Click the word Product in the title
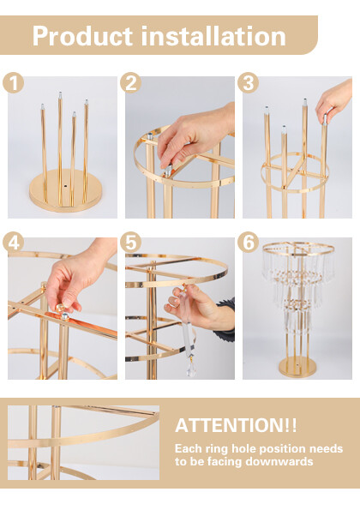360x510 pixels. tap(82, 36)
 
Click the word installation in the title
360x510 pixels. tap(213, 36)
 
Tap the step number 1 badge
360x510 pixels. tap(13, 82)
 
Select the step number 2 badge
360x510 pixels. tap(130, 82)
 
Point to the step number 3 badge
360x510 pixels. tap(248, 82)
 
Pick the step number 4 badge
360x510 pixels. tap(13, 243)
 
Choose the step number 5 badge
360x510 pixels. tap(130, 243)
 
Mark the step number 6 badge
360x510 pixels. tap(248, 243)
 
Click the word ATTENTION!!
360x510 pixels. tap(236, 425)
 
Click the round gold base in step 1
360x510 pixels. tap(65, 190)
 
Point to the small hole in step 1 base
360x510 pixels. tap(65, 186)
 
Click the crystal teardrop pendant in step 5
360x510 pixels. tap(191, 368)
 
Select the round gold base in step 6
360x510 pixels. tap(297, 367)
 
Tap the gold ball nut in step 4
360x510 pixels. tap(60, 308)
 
